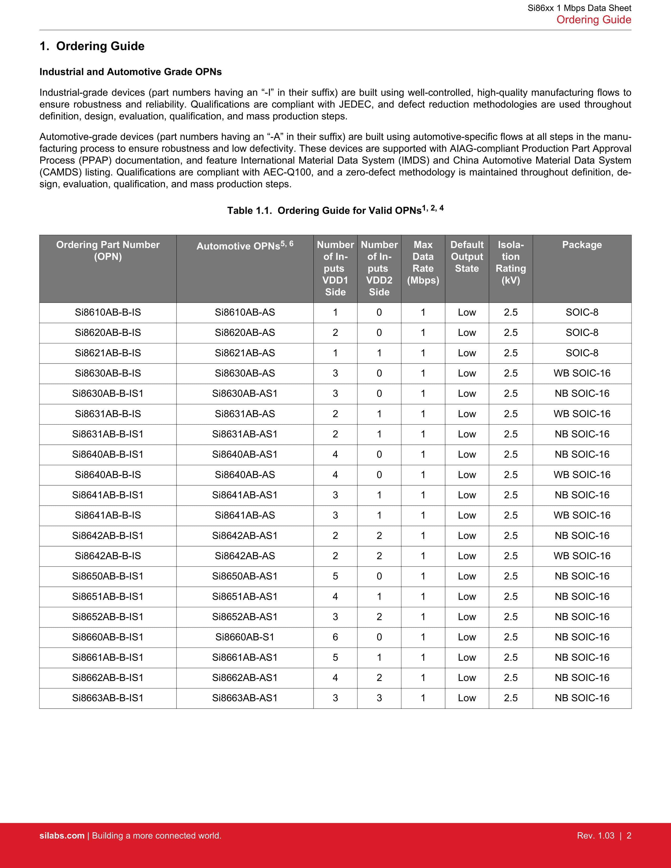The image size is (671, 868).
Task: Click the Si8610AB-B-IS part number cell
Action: tap(108, 312)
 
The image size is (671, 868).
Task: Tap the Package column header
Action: tap(582, 245)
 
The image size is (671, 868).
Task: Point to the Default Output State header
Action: tap(467, 256)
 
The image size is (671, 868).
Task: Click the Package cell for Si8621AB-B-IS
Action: tap(582, 353)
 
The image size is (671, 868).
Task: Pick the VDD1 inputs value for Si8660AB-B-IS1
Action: tap(335, 637)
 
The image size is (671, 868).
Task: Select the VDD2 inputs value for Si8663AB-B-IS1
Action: tap(379, 698)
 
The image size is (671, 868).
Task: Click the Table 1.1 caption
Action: tap(335, 210)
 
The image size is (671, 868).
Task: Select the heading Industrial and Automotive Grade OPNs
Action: tap(130, 72)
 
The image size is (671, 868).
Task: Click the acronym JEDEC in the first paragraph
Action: tap(356, 104)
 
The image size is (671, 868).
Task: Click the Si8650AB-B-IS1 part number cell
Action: tap(108, 576)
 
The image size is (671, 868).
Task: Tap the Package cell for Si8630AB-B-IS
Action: tap(582, 373)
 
